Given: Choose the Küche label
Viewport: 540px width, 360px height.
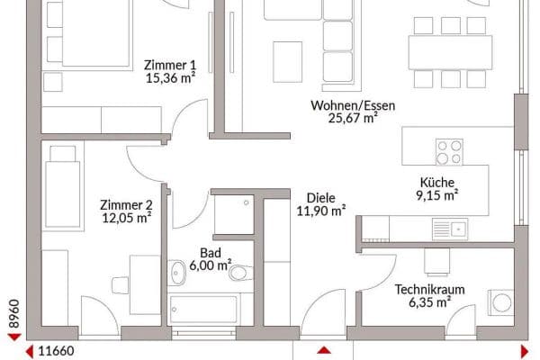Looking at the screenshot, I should [x=437, y=181].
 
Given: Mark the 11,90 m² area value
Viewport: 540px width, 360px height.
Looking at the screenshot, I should [x=321, y=211].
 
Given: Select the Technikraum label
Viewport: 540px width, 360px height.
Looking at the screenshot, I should [x=423, y=289].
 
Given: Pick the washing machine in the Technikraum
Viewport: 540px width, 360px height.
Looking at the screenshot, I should [x=497, y=302].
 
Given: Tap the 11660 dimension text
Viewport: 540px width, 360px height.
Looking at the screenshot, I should [x=56, y=352].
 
